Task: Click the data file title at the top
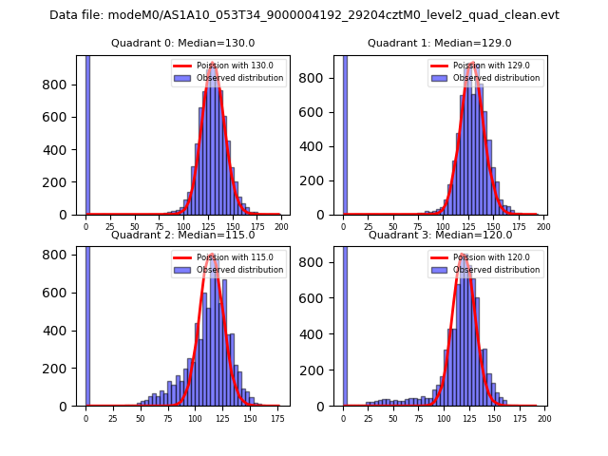coord(304,15)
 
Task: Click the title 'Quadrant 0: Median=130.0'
coord(182,43)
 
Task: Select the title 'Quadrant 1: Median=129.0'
coord(439,43)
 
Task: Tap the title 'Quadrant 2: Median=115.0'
coord(182,235)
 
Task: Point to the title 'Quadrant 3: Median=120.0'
coord(439,235)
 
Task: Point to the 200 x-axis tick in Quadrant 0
coord(281,227)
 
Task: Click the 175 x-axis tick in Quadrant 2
coord(276,418)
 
